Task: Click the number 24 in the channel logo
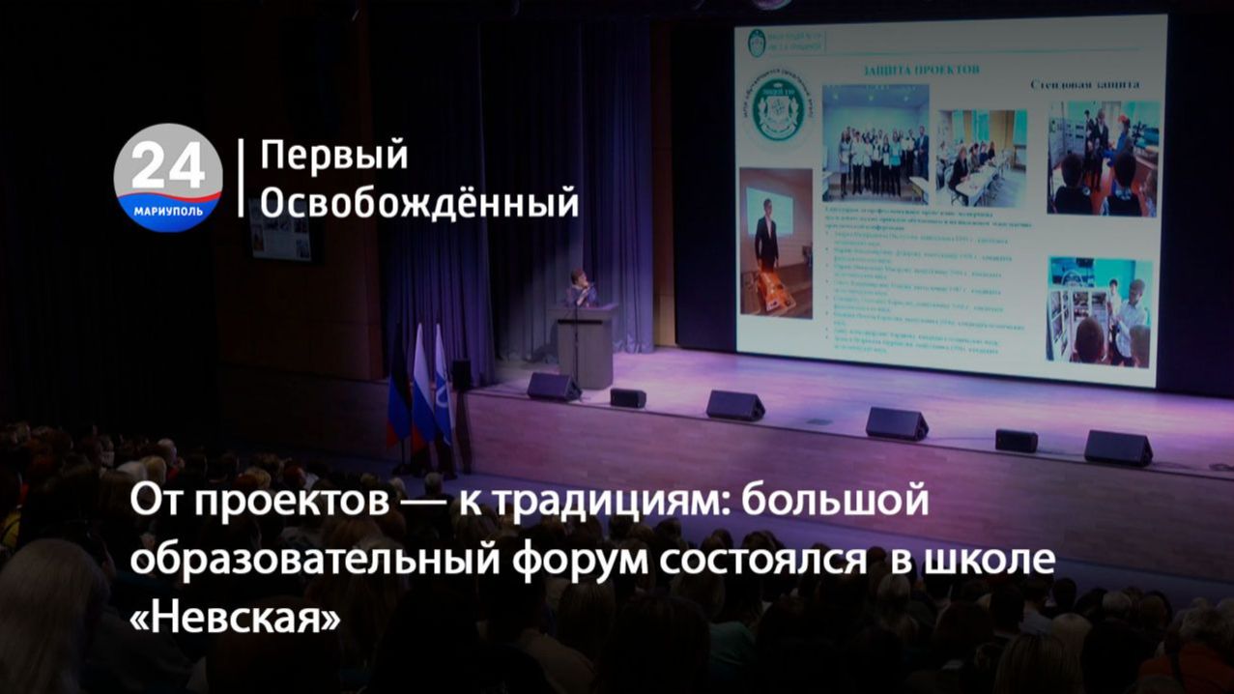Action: [x=167, y=166]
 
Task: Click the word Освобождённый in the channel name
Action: [x=419, y=203]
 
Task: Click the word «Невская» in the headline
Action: [x=236, y=617]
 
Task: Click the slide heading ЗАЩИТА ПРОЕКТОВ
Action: [x=919, y=70]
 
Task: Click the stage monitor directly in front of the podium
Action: [x=554, y=387]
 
